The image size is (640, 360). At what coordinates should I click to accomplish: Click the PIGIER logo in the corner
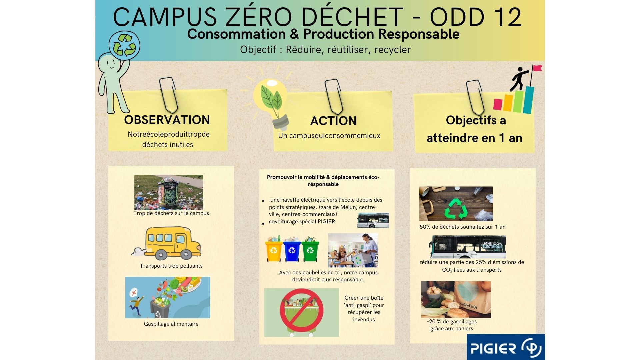point(506,347)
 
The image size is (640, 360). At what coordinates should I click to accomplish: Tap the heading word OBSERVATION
point(167,120)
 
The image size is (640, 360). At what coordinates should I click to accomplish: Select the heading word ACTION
point(333,121)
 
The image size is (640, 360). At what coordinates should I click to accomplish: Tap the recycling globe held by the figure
point(124,46)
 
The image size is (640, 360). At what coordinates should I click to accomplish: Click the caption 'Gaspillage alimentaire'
point(171,324)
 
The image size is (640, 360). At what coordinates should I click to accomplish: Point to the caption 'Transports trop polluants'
point(171,266)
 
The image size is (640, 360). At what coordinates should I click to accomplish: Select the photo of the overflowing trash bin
point(169,192)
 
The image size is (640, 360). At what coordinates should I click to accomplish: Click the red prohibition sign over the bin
point(302,310)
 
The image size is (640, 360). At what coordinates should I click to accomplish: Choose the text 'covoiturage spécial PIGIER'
point(302,221)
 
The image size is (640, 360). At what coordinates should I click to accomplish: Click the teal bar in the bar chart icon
point(528,100)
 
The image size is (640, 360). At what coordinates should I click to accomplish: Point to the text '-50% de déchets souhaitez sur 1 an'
point(461,227)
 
